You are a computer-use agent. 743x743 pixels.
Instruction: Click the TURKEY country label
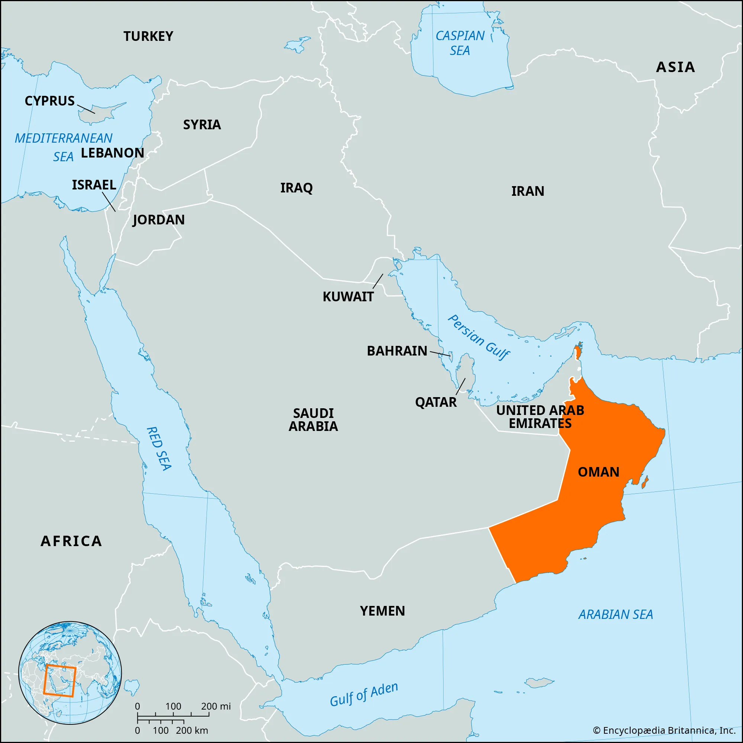tap(148, 36)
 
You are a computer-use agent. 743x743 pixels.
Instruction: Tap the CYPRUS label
tap(50, 101)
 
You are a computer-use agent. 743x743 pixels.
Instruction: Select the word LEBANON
tap(112, 153)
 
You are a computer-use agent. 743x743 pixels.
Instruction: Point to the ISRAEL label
tap(94, 185)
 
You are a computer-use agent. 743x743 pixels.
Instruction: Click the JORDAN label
tap(159, 220)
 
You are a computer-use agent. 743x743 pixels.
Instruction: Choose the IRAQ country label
tap(296, 188)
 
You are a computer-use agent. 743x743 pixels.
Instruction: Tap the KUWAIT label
tap(348, 297)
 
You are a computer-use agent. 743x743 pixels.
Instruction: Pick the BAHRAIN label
tap(396, 351)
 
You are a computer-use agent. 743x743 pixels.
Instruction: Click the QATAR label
tap(435, 402)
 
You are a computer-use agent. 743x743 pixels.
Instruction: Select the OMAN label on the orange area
tap(598, 472)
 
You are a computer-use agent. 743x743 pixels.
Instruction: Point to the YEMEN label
tap(382, 611)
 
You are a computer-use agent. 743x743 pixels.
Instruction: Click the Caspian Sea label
tap(460, 43)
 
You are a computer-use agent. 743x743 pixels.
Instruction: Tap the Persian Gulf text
tap(479, 337)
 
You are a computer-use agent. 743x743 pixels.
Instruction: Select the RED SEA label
tap(159, 448)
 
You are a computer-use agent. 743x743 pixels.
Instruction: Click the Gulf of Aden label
tap(364, 695)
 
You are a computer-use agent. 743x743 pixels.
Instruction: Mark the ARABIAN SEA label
tap(615, 614)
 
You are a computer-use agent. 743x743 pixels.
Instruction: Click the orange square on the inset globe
tap(59, 680)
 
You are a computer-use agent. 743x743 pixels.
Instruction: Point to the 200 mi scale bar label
tap(216, 706)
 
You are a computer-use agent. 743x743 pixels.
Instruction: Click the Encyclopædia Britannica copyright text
tap(664, 730)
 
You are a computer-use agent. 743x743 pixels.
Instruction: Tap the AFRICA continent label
tap(71, 541)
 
